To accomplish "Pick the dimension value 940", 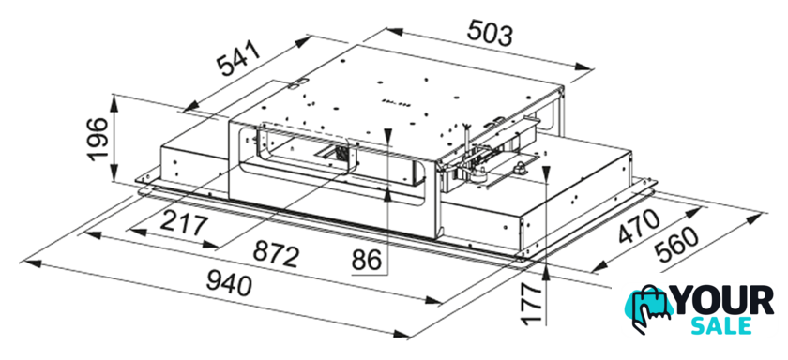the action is click(229, 284).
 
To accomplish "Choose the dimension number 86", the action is click(367, 261).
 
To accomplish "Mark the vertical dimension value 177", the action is click(532, 304).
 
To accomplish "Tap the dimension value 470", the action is click(639, 227).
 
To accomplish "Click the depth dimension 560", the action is click(678, 246).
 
